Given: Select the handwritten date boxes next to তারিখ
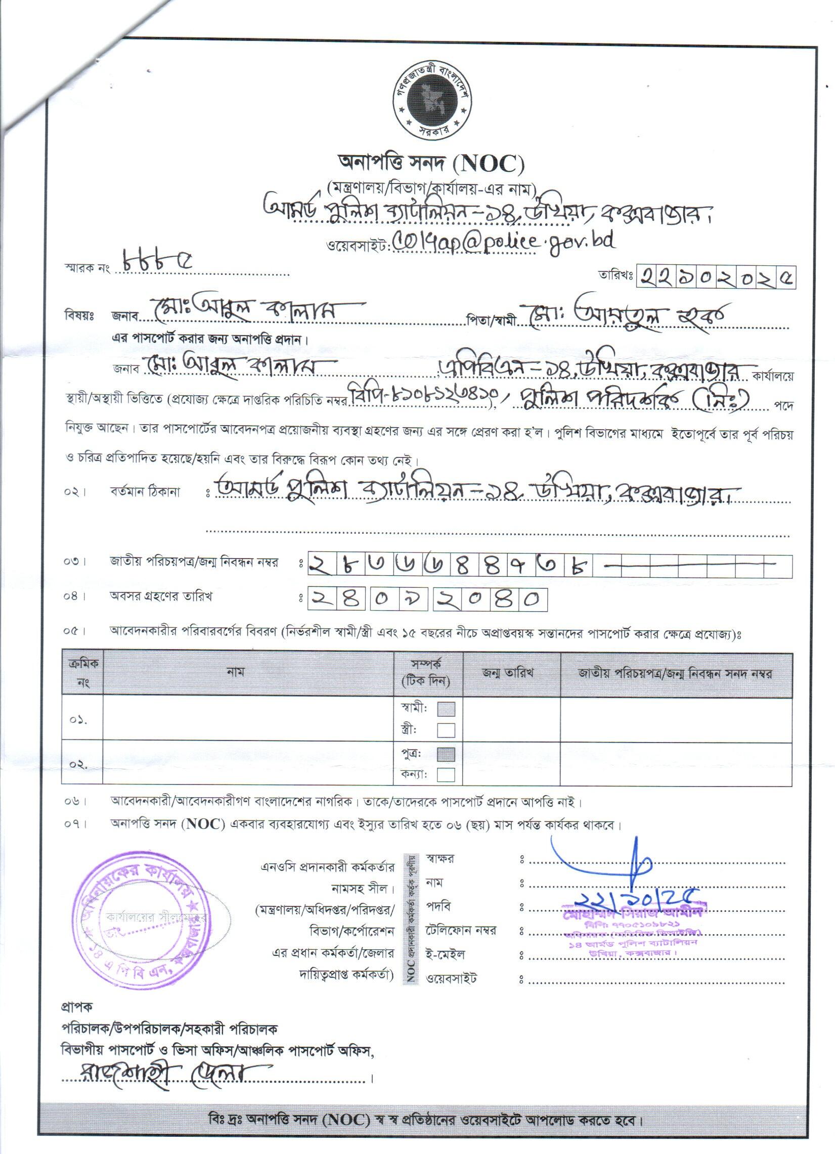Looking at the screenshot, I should coord(716,278).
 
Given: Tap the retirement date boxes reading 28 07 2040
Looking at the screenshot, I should coord(427,599).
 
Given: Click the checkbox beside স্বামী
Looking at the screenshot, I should coord(446,709).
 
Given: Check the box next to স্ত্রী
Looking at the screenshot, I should coord(446,730).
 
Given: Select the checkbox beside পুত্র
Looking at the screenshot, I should coord(446,754).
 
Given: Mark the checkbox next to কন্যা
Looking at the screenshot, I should coord(446,774).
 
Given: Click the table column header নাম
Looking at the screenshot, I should coord(236,672).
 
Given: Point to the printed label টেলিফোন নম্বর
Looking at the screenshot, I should coord(461,931).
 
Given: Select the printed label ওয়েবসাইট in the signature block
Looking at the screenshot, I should coord(452,978).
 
